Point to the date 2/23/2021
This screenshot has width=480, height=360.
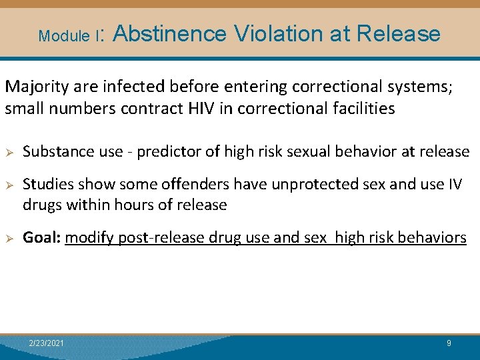(47, 343)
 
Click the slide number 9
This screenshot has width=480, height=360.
(449, 343)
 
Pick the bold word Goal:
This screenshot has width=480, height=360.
(41, 238)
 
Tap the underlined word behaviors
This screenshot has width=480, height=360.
(434, 238)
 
